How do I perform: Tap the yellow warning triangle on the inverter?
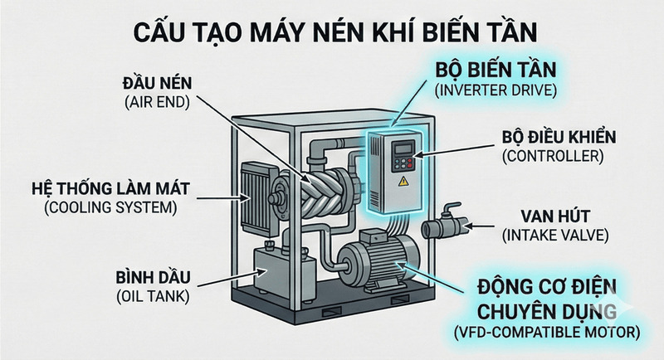403,178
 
